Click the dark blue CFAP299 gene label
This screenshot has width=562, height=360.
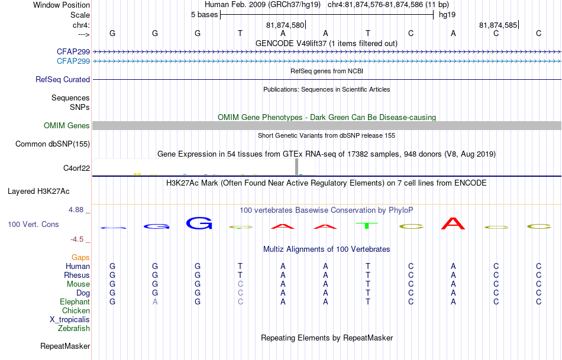tap(73, 51)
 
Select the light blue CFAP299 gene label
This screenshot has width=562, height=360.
tap(73, 61)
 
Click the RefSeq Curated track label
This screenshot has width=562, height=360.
tap(63, 80)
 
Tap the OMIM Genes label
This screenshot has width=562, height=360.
tap(67, 126)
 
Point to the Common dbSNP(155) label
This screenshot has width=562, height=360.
tap(53, 144)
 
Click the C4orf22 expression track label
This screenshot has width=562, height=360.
tap(77, 168)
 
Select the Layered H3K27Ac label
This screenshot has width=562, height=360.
tap(38, 192)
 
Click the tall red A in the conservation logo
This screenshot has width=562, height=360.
tap(453, 223)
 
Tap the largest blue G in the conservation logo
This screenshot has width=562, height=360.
tap(199, 223)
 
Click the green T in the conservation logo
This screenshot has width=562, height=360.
tap(367, 226)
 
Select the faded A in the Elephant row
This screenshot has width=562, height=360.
tap(155, 302)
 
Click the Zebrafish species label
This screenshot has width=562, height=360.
tap(74, 329)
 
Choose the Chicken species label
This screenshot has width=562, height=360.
tap(76, 310)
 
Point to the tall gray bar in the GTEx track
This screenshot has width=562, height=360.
tap(297, 167)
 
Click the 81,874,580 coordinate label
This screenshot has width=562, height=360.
tap(285, 25)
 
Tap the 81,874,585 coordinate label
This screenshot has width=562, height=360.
tap(498, 25)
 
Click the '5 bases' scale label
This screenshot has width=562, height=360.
tap(204, 15)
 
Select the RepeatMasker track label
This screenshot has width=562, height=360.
tap(65, 346)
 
